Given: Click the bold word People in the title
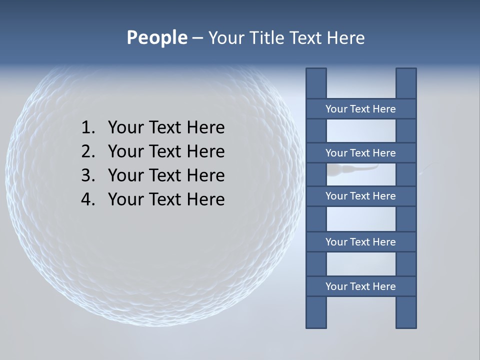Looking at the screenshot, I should (156, 38).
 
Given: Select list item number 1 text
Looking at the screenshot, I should (166, 127).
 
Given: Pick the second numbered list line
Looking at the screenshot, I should (166, 151).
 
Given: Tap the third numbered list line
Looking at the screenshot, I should (166, 175).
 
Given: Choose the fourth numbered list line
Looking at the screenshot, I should (166, 199).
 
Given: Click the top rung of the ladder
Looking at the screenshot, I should (360, 109).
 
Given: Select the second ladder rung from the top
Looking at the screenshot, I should (360, 153).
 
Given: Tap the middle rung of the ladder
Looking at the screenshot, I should (360, 196).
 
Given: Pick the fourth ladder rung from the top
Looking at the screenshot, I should (360, 242).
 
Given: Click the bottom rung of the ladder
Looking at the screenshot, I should (360, 286).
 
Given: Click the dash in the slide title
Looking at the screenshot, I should (197, 38).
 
